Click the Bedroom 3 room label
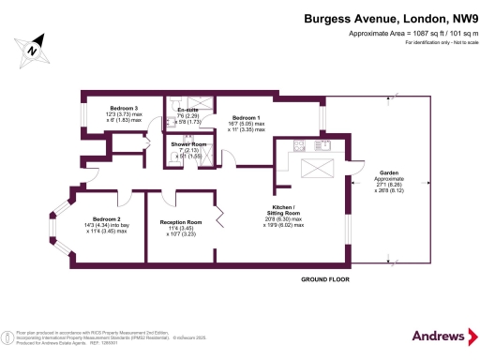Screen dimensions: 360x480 (124, 108)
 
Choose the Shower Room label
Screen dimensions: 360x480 (188, 144)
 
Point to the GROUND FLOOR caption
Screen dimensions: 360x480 (325, 279)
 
